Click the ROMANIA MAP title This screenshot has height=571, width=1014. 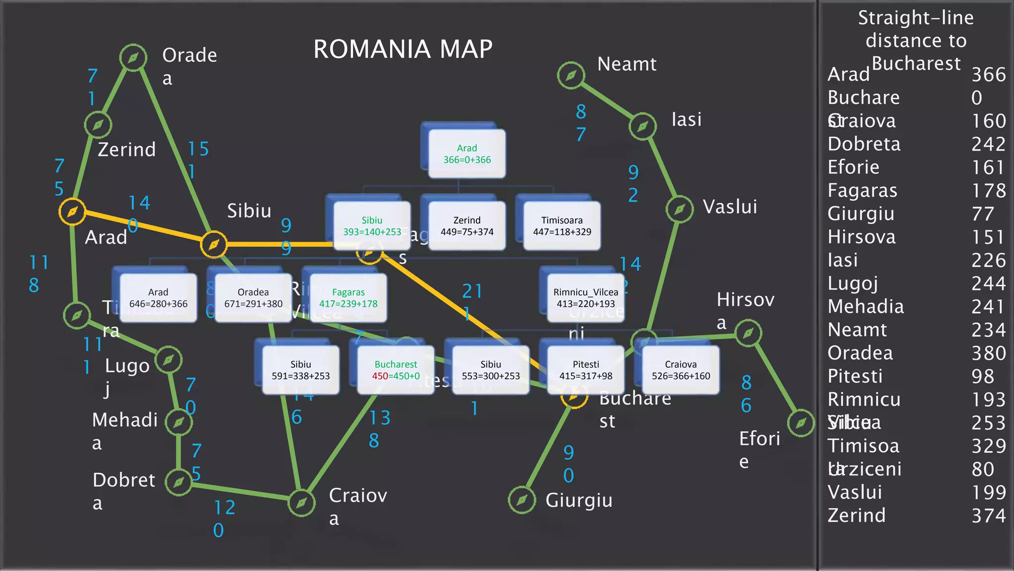[x=403, y=49]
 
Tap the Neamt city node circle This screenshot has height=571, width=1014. [x=571, y=75]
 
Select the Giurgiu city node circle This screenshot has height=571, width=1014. [x=522, y=500]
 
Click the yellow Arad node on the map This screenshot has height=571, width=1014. [x=72, y=212]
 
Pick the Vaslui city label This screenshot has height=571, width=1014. [x=730, y=207]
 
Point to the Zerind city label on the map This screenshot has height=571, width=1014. [x=127, y=150]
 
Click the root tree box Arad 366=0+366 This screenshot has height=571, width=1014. [x=466, y=154]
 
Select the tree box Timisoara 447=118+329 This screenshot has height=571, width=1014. [x=561, y=226]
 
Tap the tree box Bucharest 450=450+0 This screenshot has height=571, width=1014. [x=395, y=370]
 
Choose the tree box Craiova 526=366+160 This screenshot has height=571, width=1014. [x=680, y=370]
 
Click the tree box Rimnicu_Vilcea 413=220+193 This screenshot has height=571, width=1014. [x=585, y=298]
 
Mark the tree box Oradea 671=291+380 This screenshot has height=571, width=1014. [x=253, y=298]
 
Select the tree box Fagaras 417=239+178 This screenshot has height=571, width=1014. [x=348, y=298]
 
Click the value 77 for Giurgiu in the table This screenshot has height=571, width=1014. [x=982, y=214]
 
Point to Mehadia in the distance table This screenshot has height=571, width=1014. [x=865, y=307]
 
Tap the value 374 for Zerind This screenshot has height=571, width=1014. [x=988, y=516]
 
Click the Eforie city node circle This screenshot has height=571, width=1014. [x=801, y=423]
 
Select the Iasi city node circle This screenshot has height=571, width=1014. [x=643, y=126]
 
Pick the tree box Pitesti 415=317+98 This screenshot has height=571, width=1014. [x=585, y=370]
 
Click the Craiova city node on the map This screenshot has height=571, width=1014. [x=302, y=503]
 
